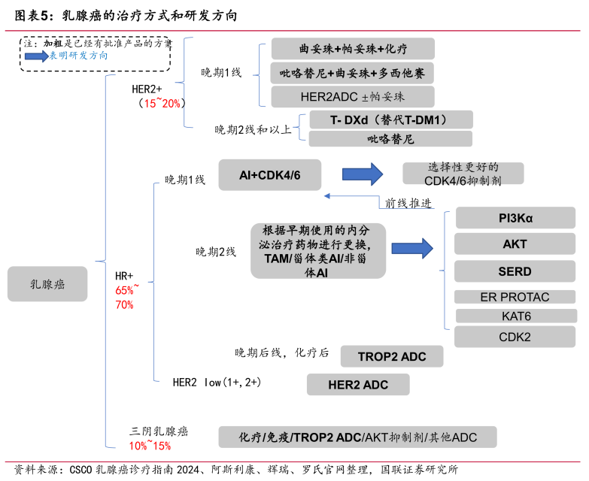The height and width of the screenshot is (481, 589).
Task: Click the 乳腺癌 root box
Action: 47,284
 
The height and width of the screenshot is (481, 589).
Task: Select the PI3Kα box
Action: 515,219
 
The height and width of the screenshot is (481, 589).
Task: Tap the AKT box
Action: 515,244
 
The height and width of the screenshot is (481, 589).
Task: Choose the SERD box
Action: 515,271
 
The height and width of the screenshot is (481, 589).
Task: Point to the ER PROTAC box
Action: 515,297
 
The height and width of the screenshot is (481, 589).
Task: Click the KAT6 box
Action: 515,316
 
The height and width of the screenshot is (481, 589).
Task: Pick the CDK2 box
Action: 515,337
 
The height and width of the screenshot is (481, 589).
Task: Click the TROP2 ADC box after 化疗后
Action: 390,356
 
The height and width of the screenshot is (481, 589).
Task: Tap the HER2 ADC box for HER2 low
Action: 358,385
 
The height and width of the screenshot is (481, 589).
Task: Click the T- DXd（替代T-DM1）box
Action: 390,119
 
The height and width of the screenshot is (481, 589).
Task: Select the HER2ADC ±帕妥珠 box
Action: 353,96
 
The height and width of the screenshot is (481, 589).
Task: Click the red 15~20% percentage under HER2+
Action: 158,103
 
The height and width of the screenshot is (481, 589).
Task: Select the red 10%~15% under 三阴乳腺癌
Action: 150,446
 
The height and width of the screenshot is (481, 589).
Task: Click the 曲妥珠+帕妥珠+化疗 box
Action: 353,50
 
